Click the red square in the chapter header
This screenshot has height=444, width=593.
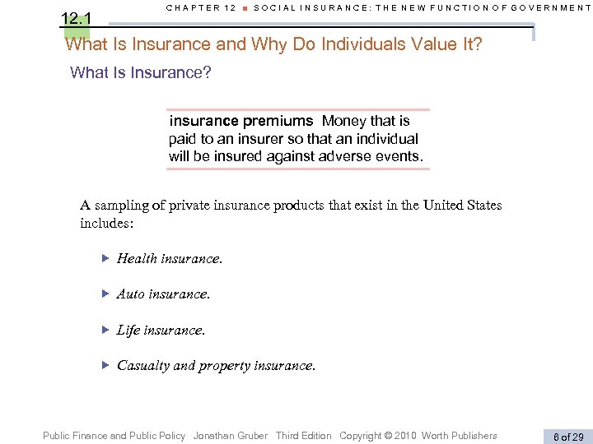coord(245,8)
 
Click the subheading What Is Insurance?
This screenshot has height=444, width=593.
coord(141,72)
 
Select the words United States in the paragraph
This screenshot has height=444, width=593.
coord(462,206)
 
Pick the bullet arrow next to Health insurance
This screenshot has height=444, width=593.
coord(105,258)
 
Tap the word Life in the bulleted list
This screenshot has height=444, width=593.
coord(128,330)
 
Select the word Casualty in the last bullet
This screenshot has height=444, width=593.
coord(143,365)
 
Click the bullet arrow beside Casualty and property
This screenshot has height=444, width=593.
coord(105,364)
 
